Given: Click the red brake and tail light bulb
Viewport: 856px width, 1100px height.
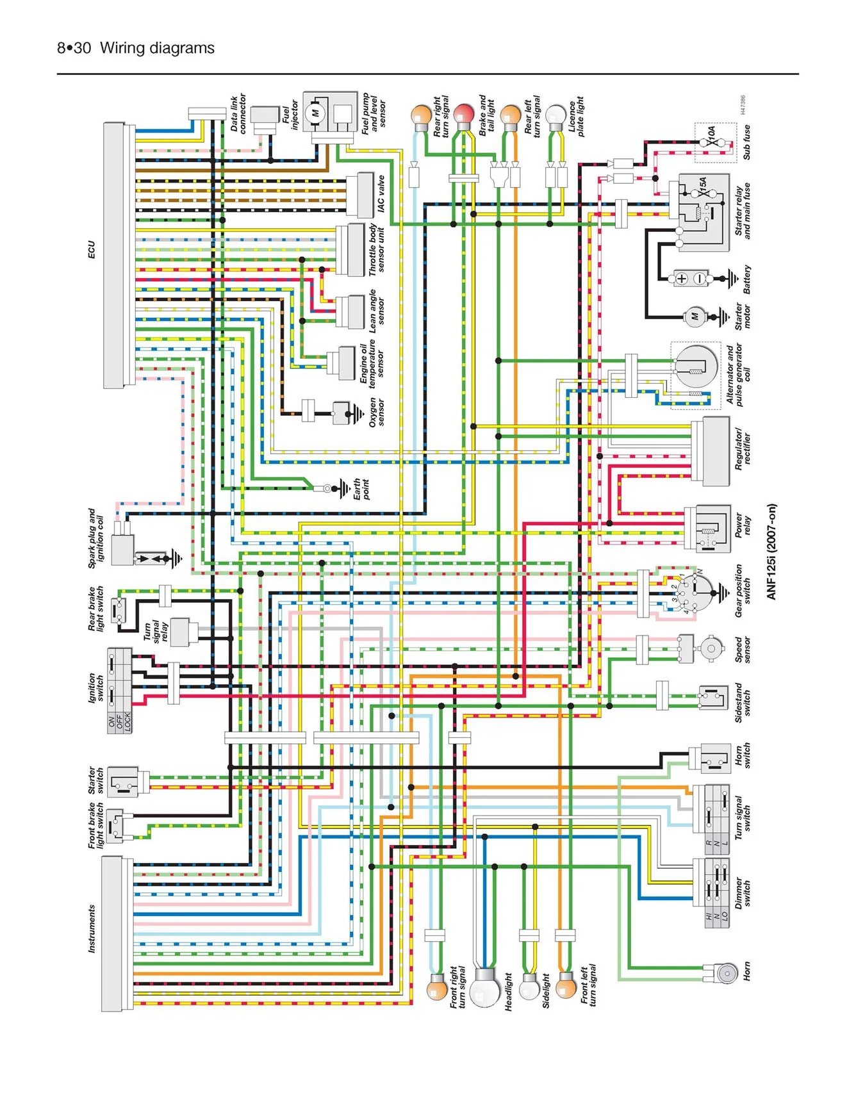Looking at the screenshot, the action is point(463,115).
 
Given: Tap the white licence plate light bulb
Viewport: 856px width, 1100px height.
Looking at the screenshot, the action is point(556,115).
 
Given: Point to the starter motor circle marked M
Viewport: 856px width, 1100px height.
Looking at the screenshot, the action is point(695,316).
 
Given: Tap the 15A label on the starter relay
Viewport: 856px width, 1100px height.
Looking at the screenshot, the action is point(702,186).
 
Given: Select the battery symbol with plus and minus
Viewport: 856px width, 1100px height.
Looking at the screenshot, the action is point(691,279).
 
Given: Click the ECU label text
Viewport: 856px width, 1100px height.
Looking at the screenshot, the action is point(91,250).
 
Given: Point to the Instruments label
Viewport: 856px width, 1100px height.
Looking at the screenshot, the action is point(91,928).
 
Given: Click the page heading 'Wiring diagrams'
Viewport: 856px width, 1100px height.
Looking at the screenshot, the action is point(157,48).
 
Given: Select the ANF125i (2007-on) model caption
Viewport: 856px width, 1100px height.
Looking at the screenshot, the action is point(771,552).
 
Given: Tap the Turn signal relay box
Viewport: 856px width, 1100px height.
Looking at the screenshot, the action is point(180,633).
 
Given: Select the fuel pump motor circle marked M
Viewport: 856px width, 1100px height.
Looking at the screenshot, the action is point(315,113).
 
